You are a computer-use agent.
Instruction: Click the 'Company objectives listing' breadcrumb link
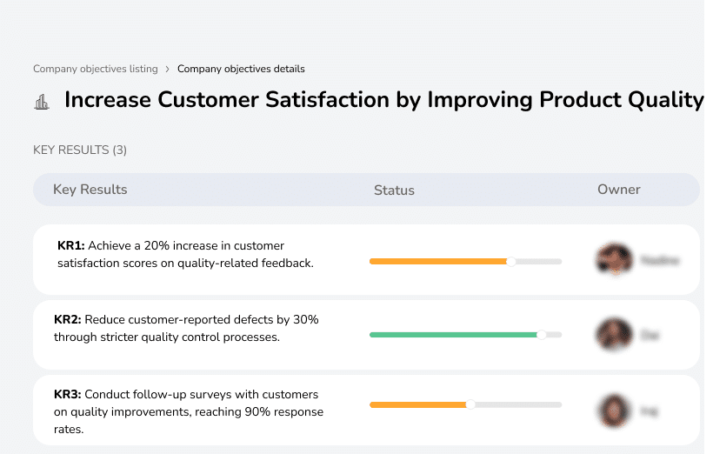coord(96,69)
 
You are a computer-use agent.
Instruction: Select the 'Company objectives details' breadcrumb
coord(241,69)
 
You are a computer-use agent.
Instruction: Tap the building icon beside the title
coord(42,103)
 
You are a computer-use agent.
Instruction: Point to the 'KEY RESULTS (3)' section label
coord(80,150)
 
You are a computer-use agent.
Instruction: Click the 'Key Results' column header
coord(90,190)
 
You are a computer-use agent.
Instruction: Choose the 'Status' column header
coord(394,190)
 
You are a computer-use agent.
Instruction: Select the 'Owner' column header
coord(619,190)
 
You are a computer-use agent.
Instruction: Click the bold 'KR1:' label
coord(71,246)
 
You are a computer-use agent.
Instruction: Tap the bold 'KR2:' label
coord(68,320)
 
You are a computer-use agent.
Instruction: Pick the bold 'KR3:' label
coord(68,395)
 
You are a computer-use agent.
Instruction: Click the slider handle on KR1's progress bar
coord(511,261)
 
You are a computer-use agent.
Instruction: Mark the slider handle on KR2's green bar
coord(541,334)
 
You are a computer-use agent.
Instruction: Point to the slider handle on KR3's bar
coord(470,404)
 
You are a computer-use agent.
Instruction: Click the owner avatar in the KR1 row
coord(613,259)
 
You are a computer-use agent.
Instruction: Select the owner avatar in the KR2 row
coord(613,334)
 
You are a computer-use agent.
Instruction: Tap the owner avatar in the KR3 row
coord(613,409)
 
